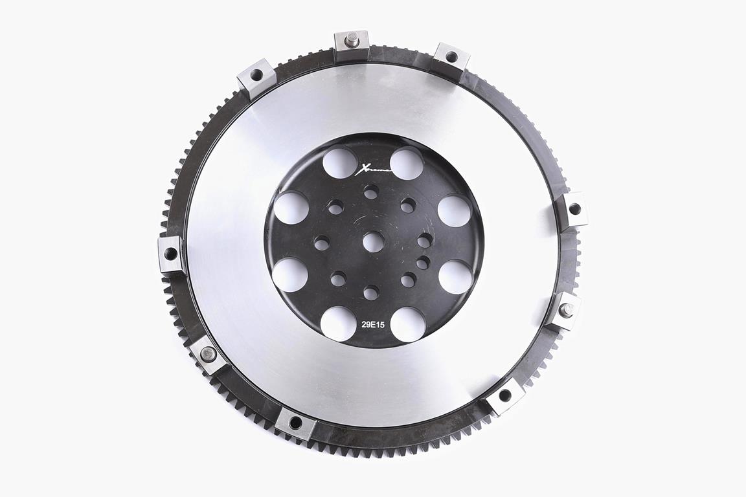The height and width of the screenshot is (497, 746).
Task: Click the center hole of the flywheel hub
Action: coord(373,241)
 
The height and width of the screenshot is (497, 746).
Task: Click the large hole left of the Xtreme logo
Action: coord(339,162)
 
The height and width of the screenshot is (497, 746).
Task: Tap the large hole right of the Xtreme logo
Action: coord(407,163)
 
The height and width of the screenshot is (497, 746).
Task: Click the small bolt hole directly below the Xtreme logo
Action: coord(371,192)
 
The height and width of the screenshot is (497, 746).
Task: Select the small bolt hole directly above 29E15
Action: coord(371,293)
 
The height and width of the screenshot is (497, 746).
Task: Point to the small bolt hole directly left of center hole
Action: coord(322,243)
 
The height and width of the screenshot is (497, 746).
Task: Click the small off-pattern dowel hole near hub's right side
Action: coord(423,262)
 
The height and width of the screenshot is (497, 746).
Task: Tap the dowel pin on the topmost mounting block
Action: coord(352,39)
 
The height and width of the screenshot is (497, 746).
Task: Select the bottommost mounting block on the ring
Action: coord(295,423)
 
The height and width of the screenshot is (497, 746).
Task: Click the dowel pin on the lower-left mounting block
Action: coord(209,354)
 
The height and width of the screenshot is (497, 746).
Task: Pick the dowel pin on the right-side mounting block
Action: coord(567,310)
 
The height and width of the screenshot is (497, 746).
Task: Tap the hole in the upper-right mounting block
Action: coord(451,57)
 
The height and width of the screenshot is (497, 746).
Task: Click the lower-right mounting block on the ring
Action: coord(504,395)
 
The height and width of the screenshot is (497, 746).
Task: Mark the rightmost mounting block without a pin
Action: coord(574,209)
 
